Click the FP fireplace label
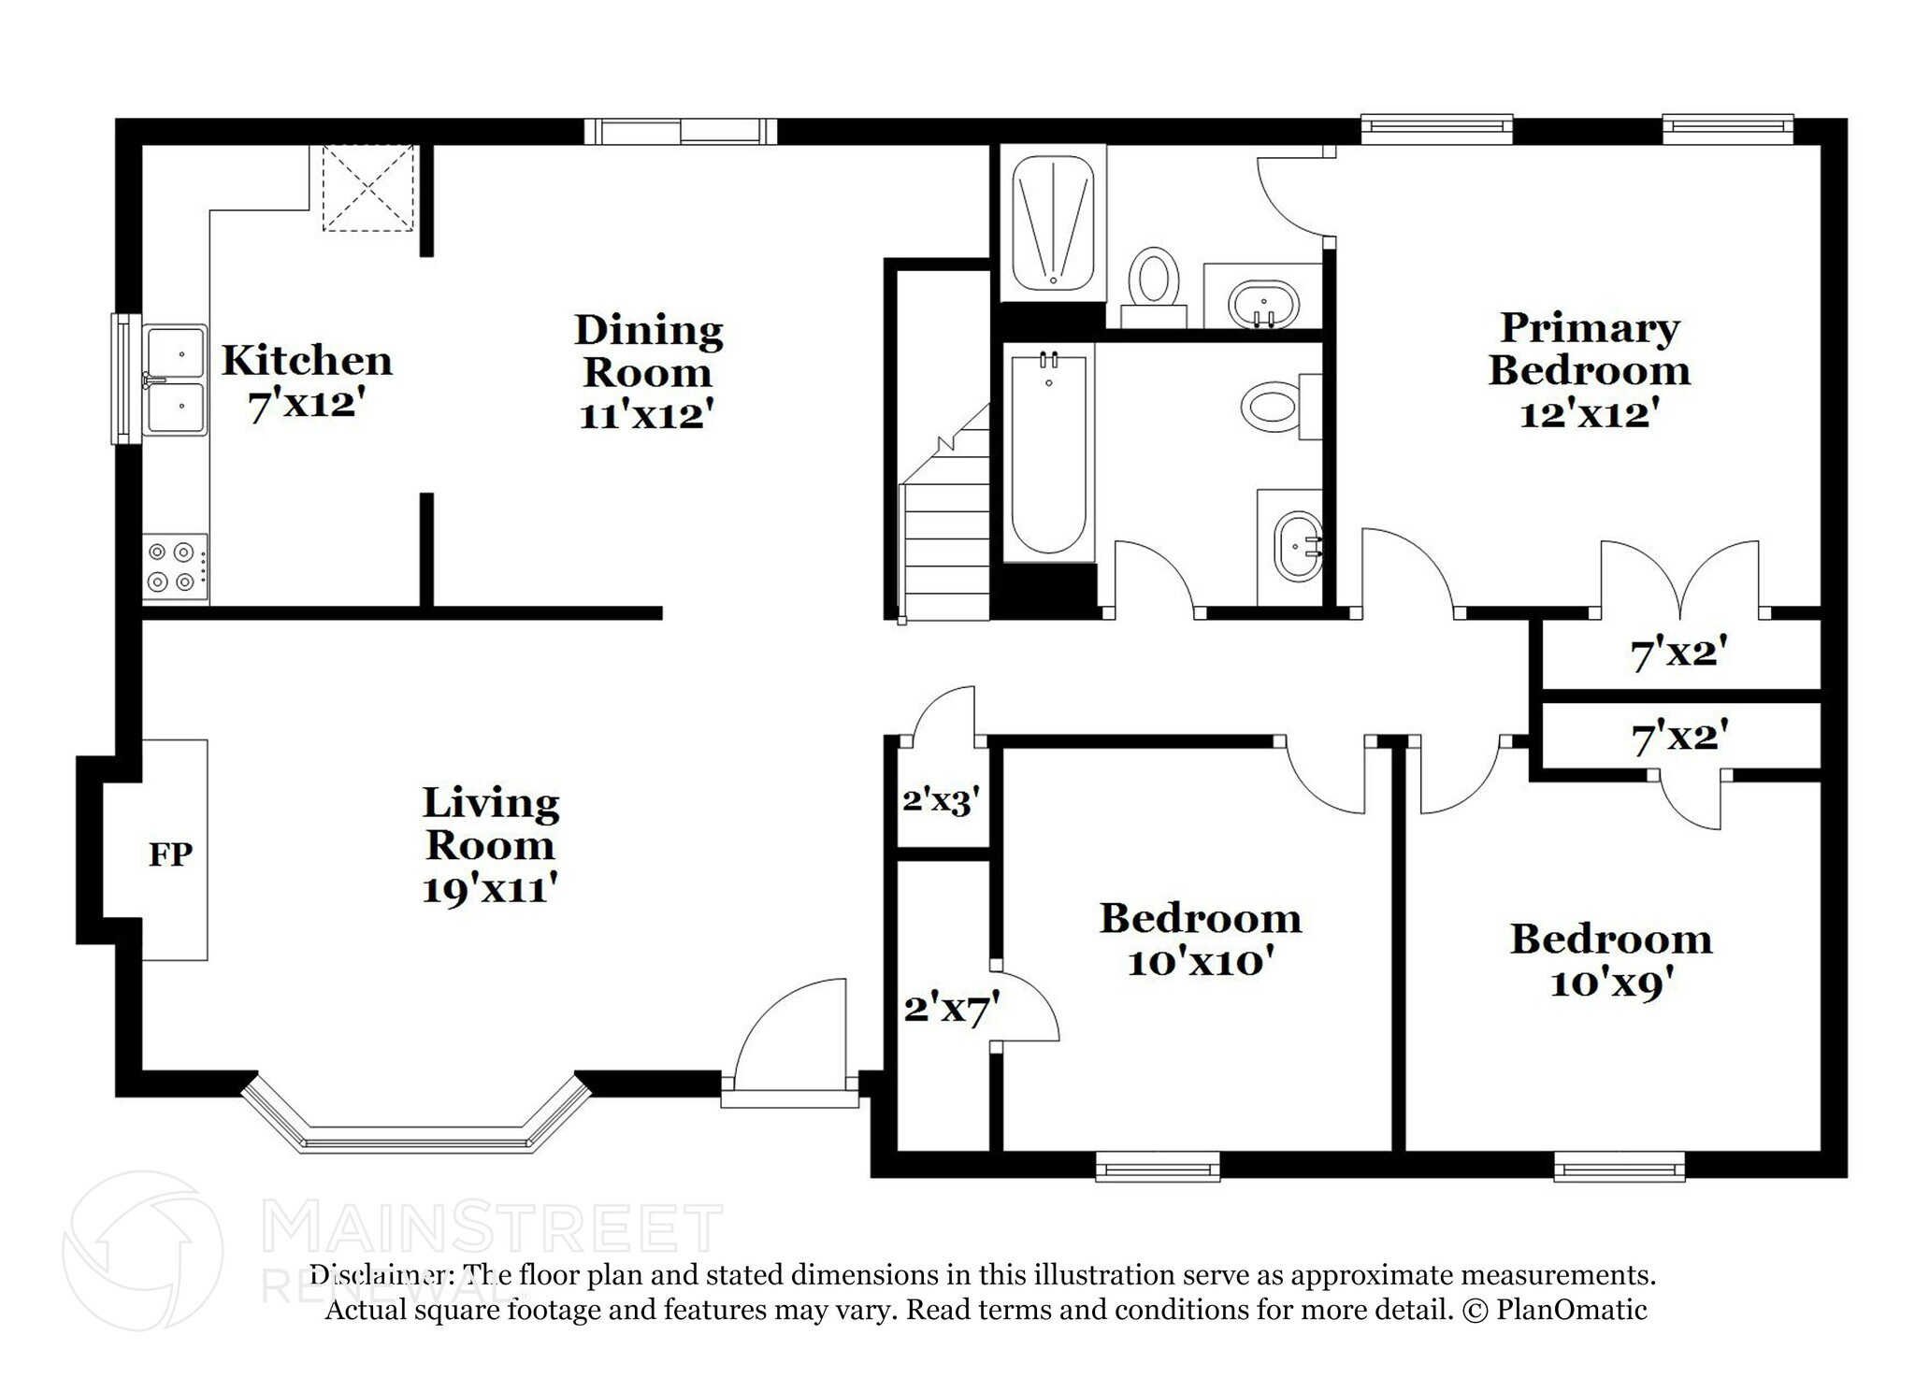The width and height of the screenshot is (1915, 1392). pyautogui.click(x=170, y=854)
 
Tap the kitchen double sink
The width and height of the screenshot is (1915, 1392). pyautogui.click(x=175, y=380)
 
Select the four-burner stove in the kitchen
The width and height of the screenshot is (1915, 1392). pyautogui.click(x=175, y=567)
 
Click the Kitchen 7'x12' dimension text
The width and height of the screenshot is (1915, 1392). pyautogui.click(x=305, y=406)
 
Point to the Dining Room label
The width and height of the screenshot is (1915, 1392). pyautogui.click(x=648, y=351)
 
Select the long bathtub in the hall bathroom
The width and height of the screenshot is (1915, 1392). pyautogui.click(x=1048, y=453)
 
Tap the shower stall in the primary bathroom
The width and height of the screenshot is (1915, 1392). pyautogui.click(x=1054, y=222)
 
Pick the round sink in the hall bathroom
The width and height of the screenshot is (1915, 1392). pyautogui.click(x=1297, y=547)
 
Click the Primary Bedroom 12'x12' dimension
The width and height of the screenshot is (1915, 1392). pyautogui.click(x=1589, y=413)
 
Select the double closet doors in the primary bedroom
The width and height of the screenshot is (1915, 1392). pyautogui.click(x=1680, y=580)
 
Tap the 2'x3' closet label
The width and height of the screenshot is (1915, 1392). pyautogui.click(x=941, y=801)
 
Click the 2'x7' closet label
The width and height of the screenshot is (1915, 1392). pyautogui.click(x=951, y=1010)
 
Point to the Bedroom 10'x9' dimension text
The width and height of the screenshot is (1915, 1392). pyautogui.click(x=1611, y=983)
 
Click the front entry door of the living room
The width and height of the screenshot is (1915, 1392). pyautogui.click(x=790, y=1038)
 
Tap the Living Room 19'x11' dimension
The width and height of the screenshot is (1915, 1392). pyautogui.click(x=490, y=889)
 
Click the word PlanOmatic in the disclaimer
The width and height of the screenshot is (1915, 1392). pyautogui.click(x=1571, y=1310)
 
